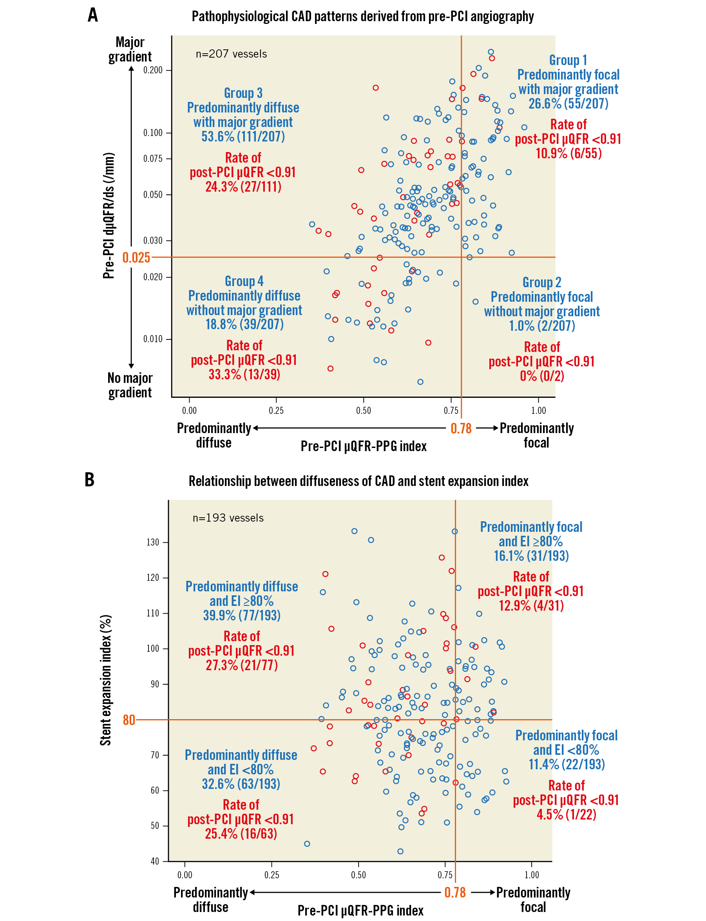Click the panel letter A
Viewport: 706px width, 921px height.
[x=93, y=15]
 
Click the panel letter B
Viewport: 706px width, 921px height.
[x=89, y=480]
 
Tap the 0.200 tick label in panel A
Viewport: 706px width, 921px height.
[x=152, y=70]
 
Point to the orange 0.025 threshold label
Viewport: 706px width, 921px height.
[x=136, y=257]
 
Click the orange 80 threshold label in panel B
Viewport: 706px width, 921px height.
[x=129, y=720]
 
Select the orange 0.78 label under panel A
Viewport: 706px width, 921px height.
[x=461, y=428]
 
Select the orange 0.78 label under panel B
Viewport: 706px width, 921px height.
[x=455, y=892]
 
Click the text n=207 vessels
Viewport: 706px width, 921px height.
[x=231, y=54]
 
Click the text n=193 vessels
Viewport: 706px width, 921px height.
[x=228, y=518]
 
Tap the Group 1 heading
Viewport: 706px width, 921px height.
[x=568, y=60]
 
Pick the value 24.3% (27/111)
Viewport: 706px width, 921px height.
[x=243, y=187]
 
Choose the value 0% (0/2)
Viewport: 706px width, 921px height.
[x=542, y=376]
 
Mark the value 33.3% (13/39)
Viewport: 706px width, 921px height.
[x=244, y=374]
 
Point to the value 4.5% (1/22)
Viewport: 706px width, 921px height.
[x=567, y=814]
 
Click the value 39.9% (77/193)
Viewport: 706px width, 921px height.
[x=242, y=615]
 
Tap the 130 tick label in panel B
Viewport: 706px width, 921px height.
[x=152, y=542]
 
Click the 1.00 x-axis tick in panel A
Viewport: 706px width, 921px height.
[x=538, y=411]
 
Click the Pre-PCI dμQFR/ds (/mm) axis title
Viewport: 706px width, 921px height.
[x=109, y=216]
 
